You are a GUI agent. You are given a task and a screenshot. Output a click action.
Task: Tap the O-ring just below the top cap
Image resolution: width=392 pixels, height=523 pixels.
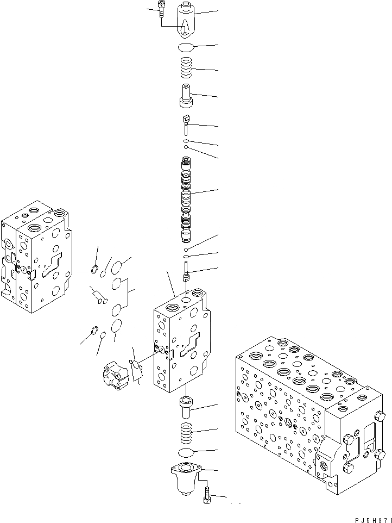(186, 47)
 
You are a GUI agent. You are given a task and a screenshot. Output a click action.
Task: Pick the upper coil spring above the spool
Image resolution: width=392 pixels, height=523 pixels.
(186, 68)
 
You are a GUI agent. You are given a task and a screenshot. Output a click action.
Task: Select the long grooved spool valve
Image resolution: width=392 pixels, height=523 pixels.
(186, 199)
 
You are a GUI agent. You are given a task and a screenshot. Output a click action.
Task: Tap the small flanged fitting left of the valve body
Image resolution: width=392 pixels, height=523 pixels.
(115, 375)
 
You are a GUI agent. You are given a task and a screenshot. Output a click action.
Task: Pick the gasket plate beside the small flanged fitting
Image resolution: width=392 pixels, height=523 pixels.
(136, 370)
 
